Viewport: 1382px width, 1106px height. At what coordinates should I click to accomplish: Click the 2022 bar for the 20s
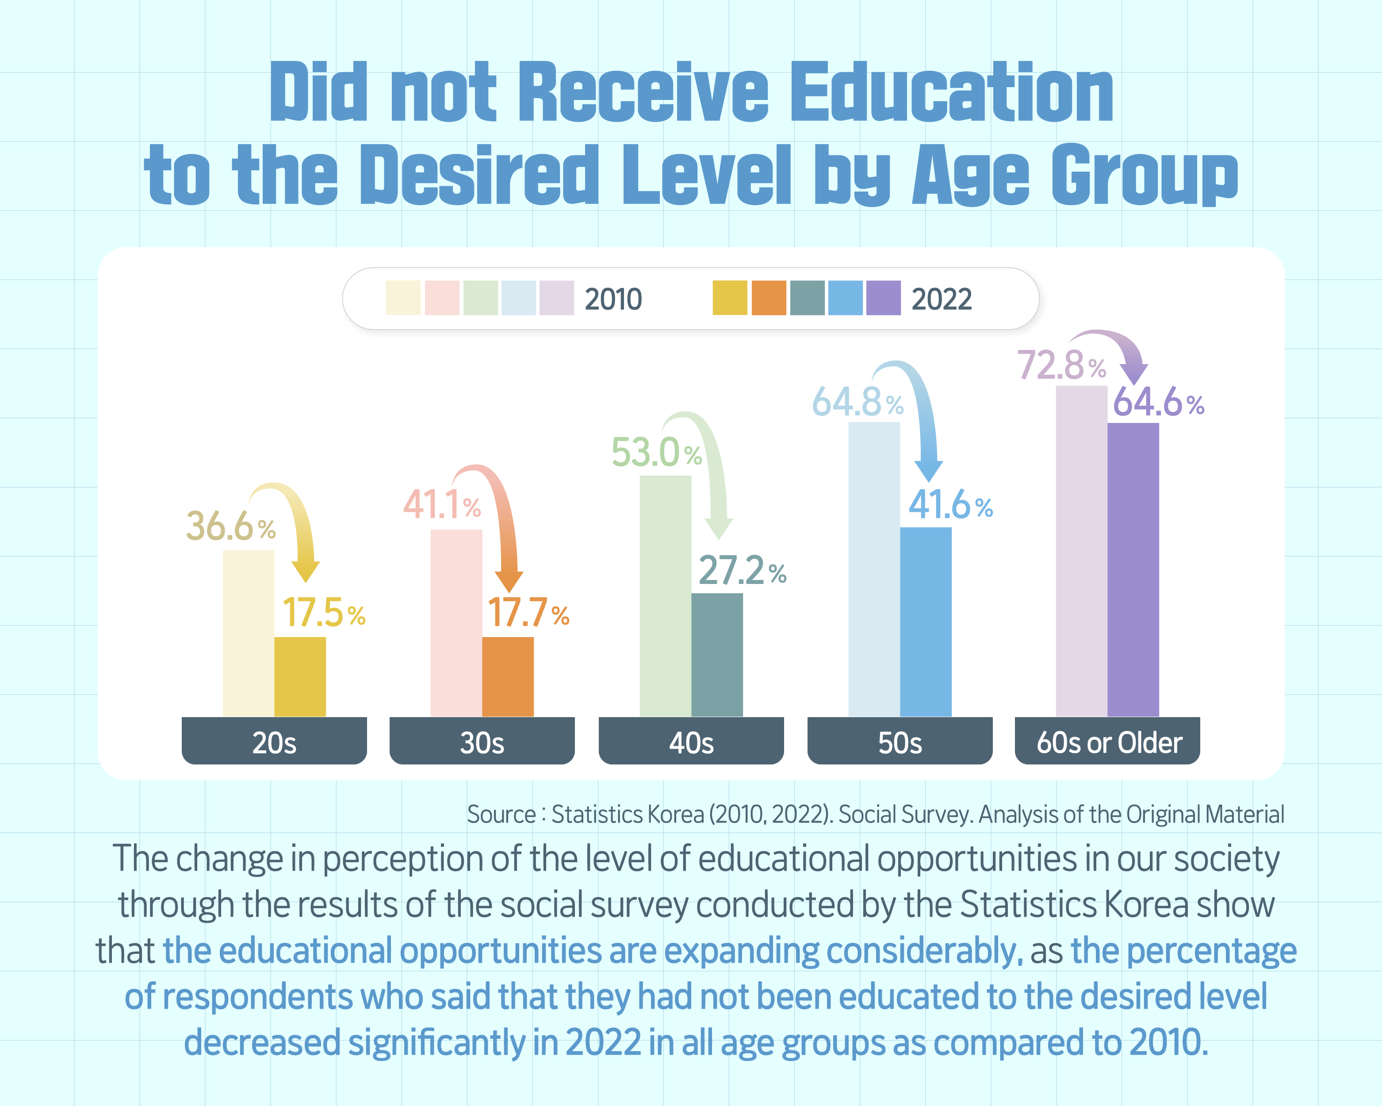[x=300, y=676]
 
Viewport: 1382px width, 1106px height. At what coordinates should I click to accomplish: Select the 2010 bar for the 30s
[x=456, y=622]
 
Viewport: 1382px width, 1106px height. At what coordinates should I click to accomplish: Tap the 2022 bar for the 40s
[x=717, y=655]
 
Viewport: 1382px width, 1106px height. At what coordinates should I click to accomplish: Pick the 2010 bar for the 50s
[x=874, y=569]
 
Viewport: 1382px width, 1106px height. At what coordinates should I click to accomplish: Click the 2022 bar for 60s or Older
[x=1133, y=569]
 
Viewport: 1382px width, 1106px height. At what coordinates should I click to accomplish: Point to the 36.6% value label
[x=231, y=526]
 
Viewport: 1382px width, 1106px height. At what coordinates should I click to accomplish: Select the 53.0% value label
[x=656, y=452]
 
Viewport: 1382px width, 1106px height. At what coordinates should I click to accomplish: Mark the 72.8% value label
[x=1061, y=365]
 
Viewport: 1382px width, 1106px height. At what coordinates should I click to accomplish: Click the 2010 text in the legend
[x=613, y=300]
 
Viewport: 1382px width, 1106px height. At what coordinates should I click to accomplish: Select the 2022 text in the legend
[x=942, y=300]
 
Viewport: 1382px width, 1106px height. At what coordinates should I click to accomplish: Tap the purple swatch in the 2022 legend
[x=883, y=298]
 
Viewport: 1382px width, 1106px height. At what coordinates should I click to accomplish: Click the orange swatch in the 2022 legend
[x=769, y=298]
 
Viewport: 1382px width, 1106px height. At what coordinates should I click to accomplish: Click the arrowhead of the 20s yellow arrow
[x=305, y=571]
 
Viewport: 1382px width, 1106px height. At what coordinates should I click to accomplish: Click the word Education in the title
[x=953, y=92]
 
